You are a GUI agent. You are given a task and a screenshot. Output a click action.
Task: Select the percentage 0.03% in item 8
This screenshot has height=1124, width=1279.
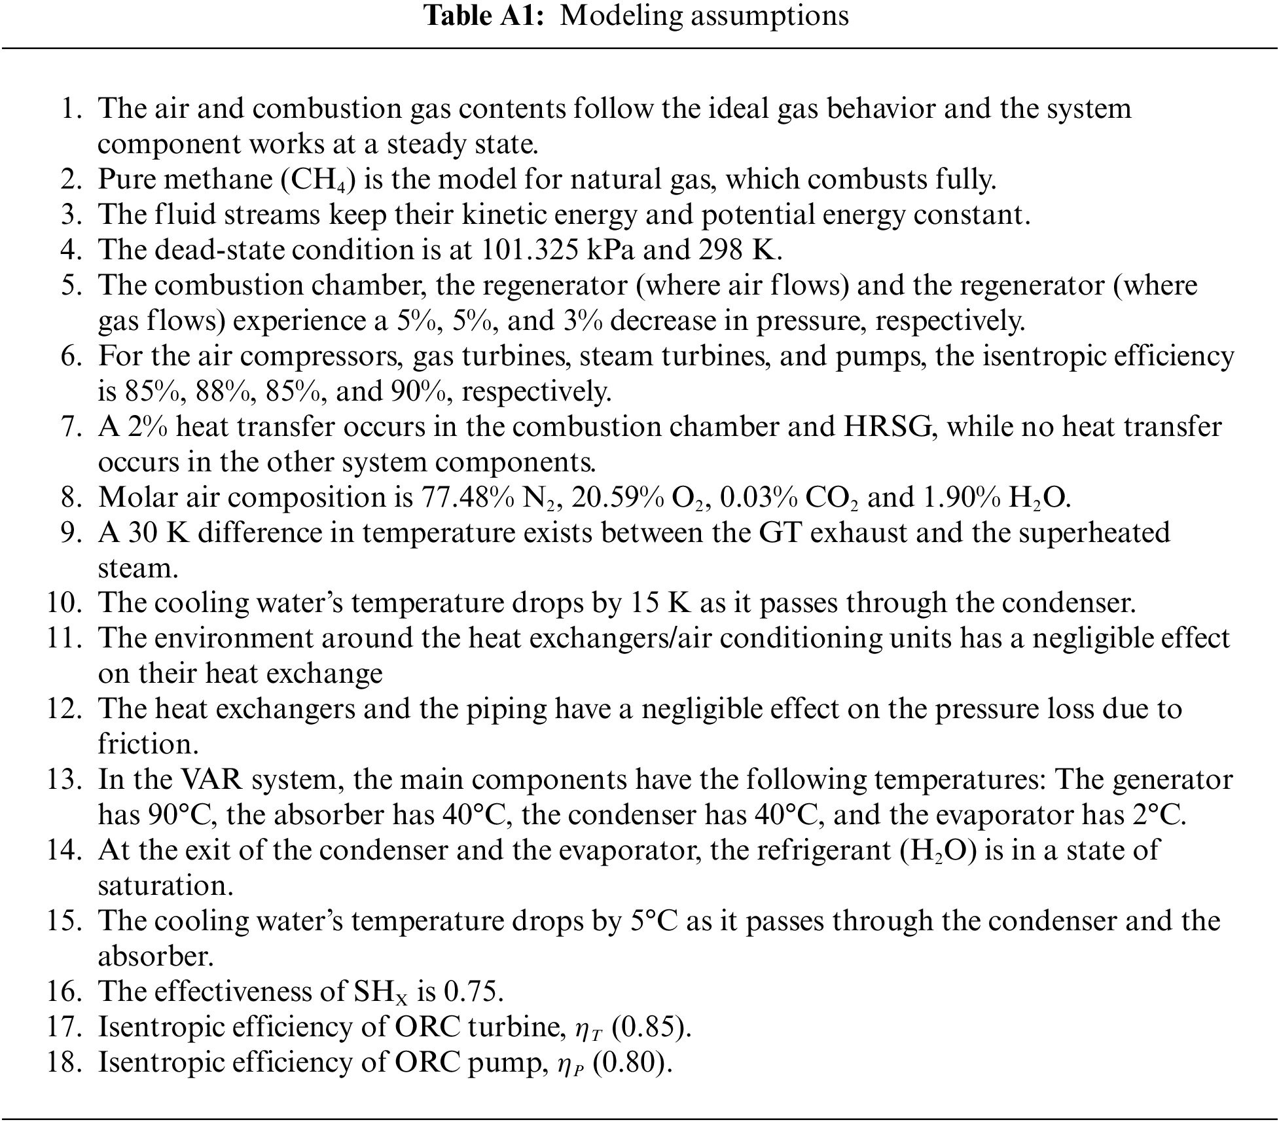(x=758, y=498)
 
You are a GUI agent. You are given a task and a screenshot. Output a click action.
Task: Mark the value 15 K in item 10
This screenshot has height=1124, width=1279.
(x=660, y=604)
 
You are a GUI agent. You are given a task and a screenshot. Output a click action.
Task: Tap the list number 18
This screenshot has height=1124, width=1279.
(x=63, y=1063)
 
